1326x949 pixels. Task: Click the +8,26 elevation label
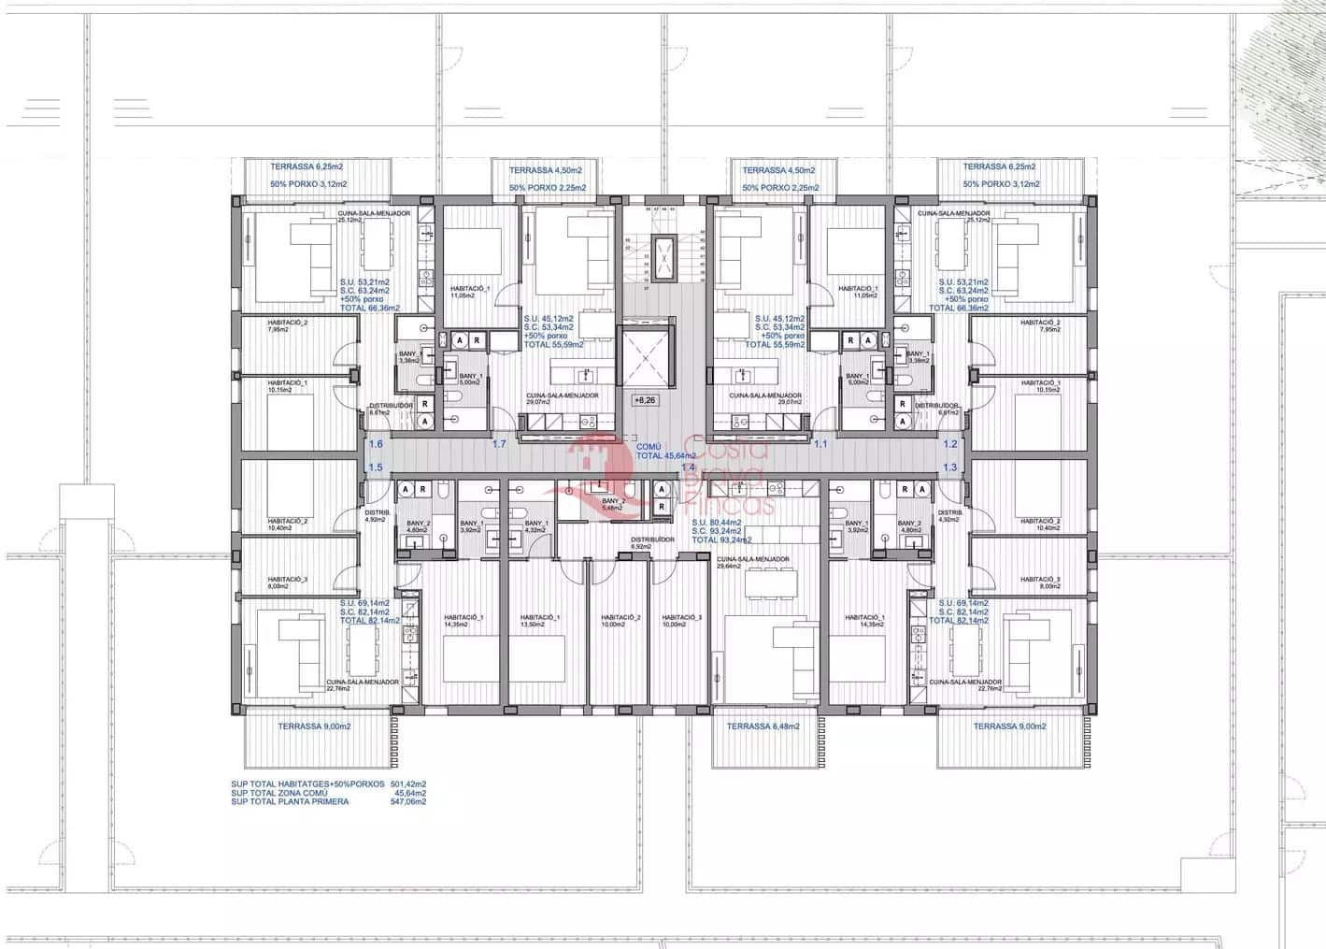645,400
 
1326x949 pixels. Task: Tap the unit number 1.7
499,444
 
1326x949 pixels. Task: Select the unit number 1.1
820,444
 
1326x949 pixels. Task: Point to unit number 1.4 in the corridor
689,467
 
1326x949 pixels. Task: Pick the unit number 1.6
376,444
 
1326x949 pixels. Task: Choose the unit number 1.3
949,467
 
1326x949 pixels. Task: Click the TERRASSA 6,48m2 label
762,726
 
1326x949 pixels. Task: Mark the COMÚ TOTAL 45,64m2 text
665,452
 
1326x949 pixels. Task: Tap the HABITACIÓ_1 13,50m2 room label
540,621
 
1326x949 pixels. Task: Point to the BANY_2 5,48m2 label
614,505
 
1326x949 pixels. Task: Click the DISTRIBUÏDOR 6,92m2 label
652,543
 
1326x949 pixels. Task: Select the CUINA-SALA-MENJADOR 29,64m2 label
752,563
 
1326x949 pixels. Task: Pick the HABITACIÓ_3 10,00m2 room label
681,621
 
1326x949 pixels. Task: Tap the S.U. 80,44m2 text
716,523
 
